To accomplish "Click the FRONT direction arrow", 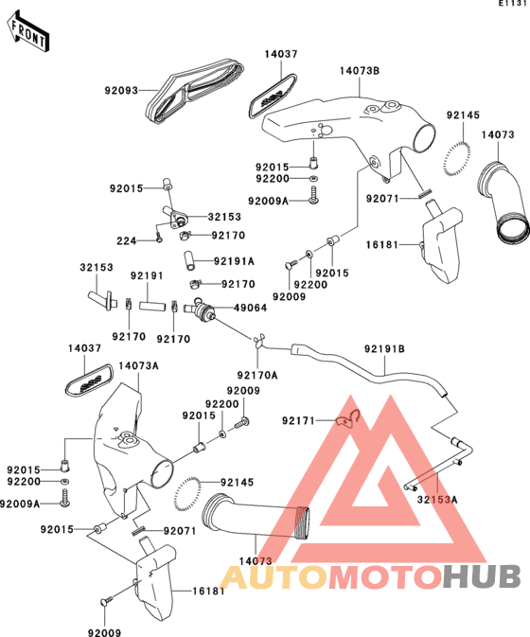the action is coord(27,31).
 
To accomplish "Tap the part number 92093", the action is coord(121,90).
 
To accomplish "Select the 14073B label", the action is coord(360,71).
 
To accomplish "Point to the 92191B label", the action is coord(384,349).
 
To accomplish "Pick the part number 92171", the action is coord(298,421).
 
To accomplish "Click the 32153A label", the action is coord(437,499).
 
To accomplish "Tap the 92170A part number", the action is coord(257,376).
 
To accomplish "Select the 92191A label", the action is coord(234,261).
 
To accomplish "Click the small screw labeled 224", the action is coord(159,237).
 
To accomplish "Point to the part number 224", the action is coord(126,241).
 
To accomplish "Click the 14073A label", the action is coord(138,366).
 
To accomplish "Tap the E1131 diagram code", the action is coord(514,3).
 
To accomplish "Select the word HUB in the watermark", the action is coord(482,576).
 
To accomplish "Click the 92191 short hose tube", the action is coord(152,306).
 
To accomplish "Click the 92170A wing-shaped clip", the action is coord(258,341).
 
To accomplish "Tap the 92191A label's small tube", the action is coord(189,260).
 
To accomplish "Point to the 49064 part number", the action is coord(250,308).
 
